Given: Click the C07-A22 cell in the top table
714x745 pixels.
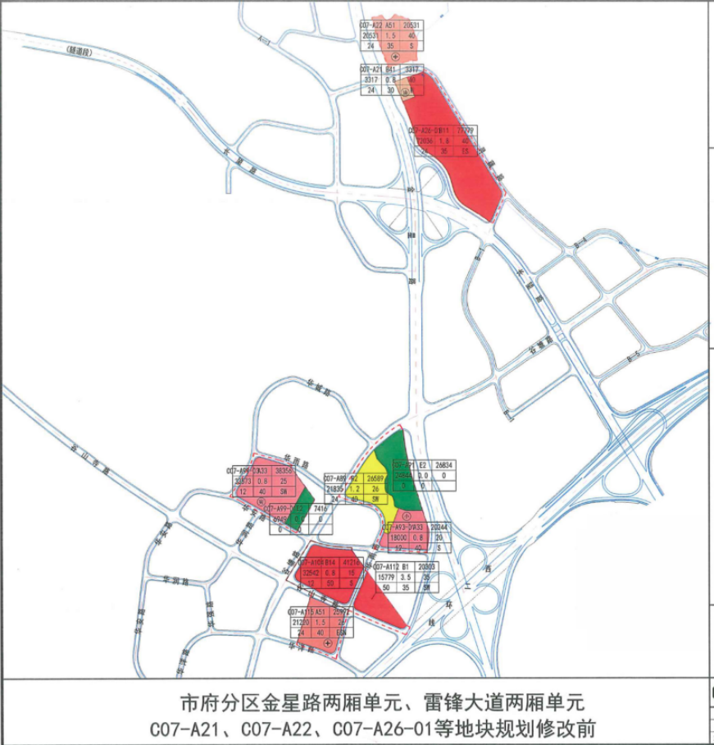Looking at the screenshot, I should [x=371, y=27].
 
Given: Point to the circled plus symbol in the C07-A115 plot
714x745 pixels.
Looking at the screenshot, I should [x=328, y=645].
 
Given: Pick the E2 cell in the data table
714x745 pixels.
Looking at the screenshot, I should [x=423, y=463].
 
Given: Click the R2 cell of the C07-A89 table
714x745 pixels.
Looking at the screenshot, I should [x=355, y=477].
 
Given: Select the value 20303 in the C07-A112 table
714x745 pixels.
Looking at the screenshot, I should [x=426, y=566].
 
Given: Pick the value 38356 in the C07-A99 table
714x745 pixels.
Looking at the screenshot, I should [x=281, y=472].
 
